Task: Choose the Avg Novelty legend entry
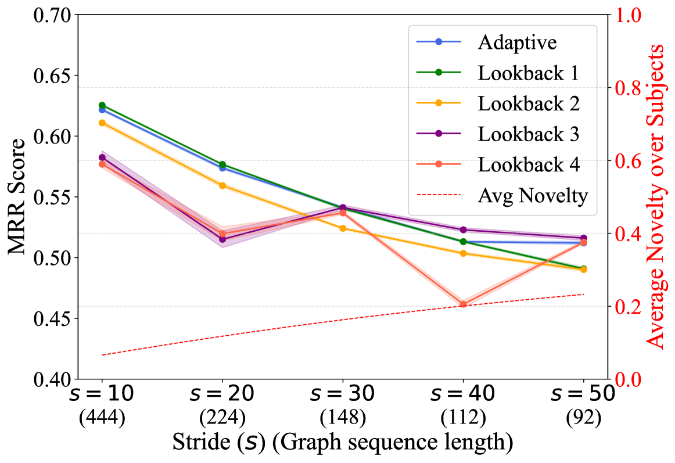(x=533, y=196)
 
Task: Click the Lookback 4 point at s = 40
(x=463, y=304)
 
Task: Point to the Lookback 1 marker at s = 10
(x=102, y=105)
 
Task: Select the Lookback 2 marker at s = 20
(x=222, y=185)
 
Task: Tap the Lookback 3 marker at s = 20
(x=222, y=239)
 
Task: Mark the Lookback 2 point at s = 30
(x=343, y=228)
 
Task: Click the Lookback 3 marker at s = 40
(x=463, y=230)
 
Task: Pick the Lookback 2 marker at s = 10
(x=102, y=123)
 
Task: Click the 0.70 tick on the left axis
(x=54, y=15)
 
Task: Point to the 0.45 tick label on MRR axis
(x=54, y=318)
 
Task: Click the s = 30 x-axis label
(x=343, y=395)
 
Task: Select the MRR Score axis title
(x=17, y=197)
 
